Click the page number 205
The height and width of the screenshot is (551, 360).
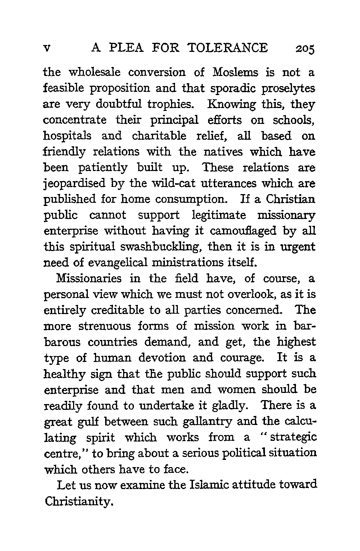click(305, 48)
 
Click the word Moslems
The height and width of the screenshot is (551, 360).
click(235, 72)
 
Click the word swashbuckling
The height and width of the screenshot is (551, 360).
click(151, 247)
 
